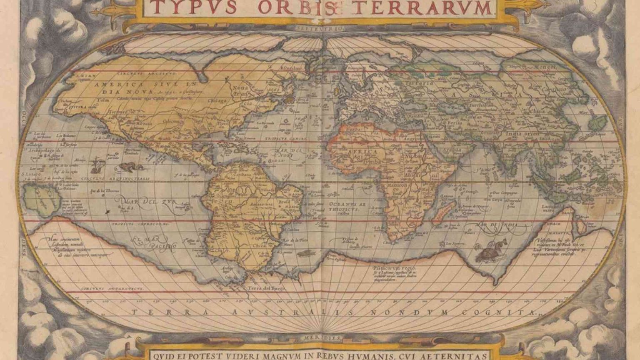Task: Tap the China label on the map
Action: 538,111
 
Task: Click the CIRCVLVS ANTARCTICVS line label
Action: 112,288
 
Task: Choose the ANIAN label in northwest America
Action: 88,76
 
